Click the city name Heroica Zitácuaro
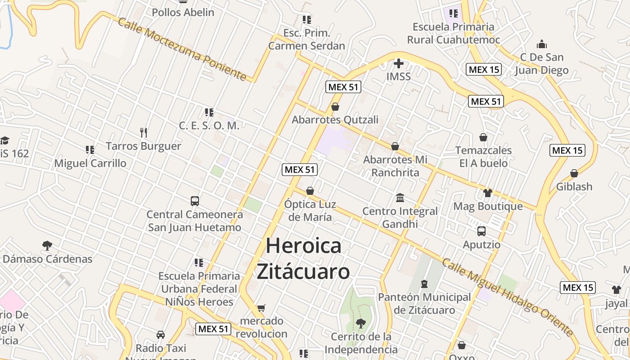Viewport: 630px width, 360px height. tap(303, 259)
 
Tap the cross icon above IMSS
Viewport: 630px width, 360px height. tap(398, 63)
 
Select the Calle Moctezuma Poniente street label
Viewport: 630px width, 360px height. tap(182, 49)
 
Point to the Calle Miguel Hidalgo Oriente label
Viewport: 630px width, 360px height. tap(508, 297)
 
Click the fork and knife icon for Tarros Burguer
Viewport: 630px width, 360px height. tap(144, 132)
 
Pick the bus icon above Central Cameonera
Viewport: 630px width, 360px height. tap(195, 201)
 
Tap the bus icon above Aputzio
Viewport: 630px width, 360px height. tap(481, 231)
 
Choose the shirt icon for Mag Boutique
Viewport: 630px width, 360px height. tap(488, 193)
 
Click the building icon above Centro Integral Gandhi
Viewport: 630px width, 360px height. tap(400, 198)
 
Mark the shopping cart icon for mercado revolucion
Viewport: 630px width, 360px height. tap(261, 308)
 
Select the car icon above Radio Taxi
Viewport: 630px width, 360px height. tap(161, 334)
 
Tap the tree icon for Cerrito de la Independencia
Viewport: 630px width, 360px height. tap(360, 323)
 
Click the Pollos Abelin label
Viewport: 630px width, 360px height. tap(183, 12)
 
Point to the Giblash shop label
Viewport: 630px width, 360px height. tap(574, 186)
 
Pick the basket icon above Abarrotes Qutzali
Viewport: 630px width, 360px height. tap(335, 107)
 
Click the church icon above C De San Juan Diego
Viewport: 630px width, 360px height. tap(542, 44)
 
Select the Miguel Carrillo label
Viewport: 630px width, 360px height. tap(90, 163)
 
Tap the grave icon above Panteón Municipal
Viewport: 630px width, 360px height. tap(424, 284)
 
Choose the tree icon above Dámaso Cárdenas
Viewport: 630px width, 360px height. tap(47, 245)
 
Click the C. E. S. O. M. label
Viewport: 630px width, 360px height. tap(209, 126)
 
